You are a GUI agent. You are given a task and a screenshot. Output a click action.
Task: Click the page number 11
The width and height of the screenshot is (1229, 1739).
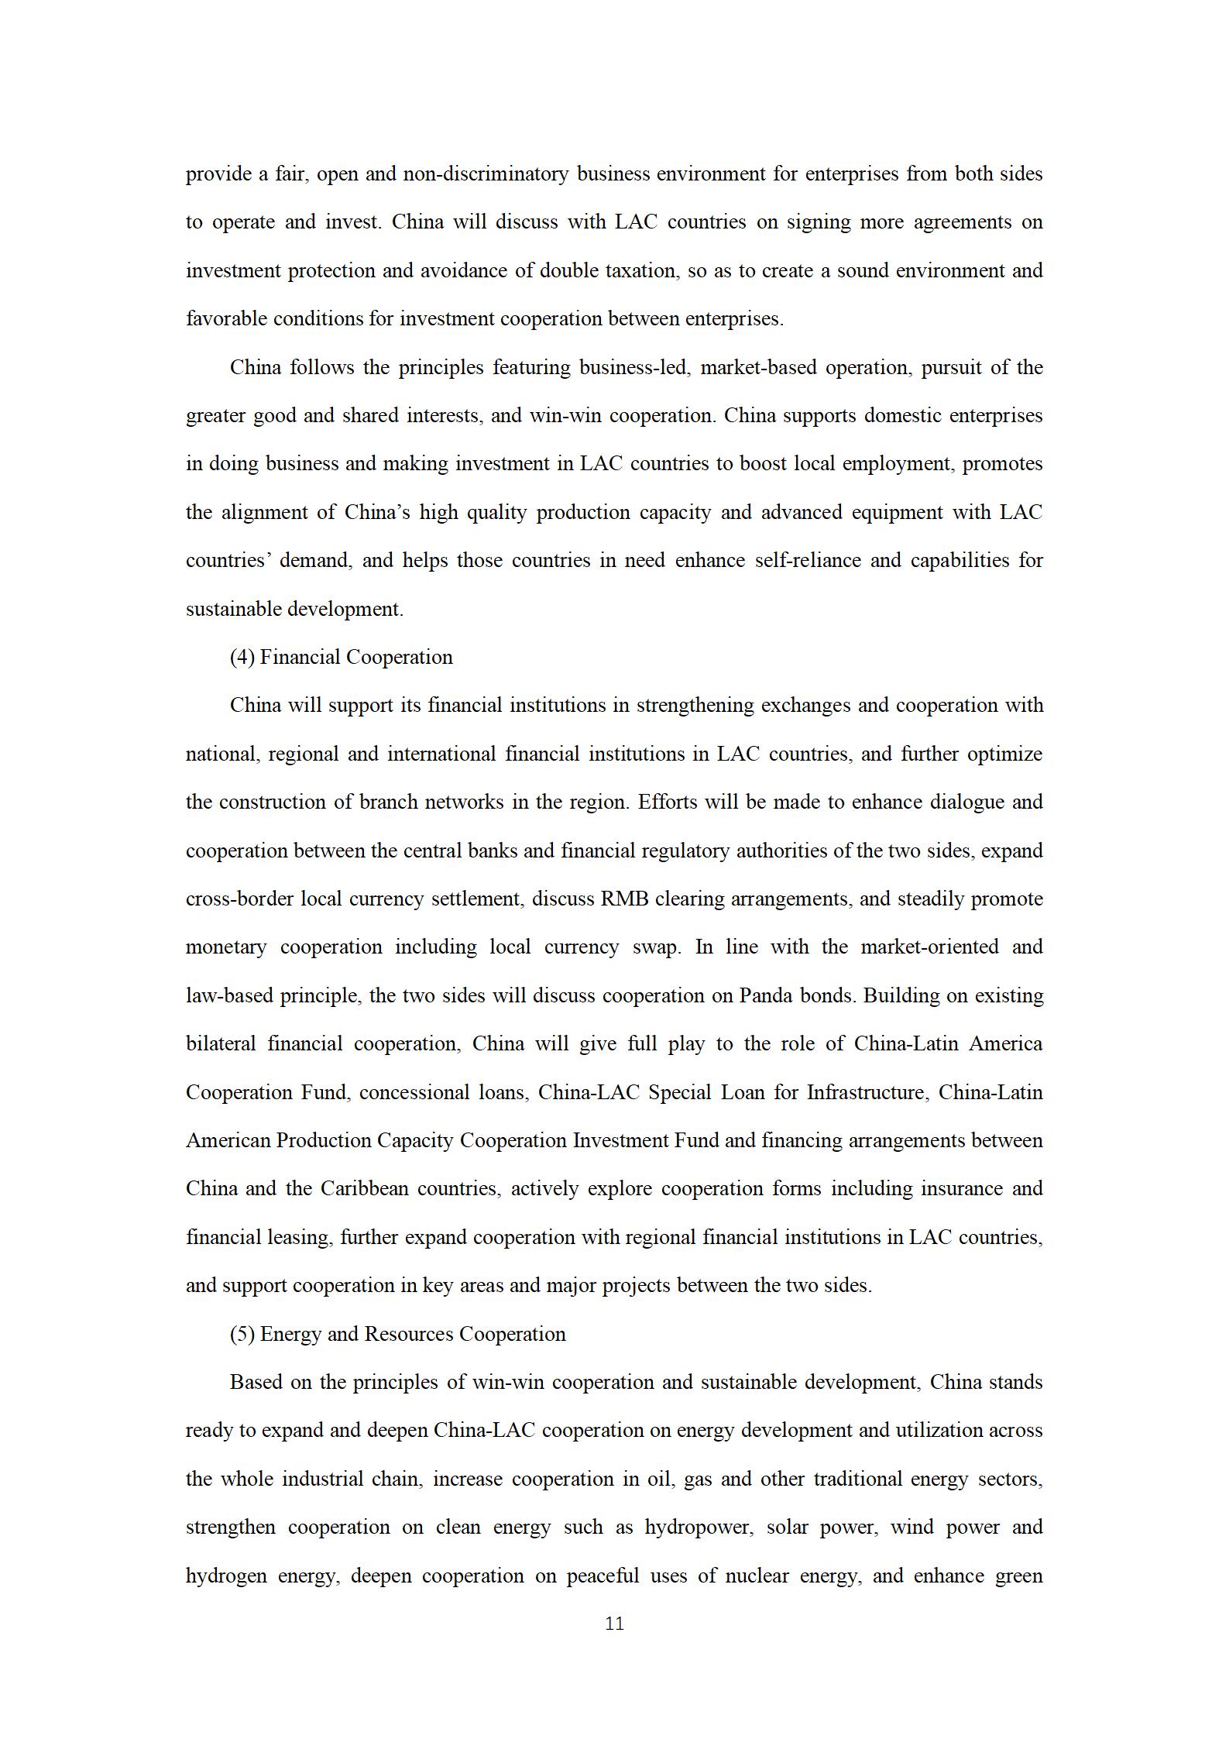[x=614, y=1624]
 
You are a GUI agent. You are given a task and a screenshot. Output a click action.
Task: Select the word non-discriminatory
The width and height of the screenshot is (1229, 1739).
[x=485, y=174]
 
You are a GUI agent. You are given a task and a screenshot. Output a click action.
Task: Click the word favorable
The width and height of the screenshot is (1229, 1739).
[x=222, y=318]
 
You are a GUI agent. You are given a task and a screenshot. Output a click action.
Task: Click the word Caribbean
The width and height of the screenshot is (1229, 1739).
[x=364, y=1188]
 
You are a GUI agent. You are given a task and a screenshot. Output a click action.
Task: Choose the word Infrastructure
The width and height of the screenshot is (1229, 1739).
[x=865, y=1092]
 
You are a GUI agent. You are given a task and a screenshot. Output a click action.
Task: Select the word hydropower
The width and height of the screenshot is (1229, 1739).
[x=698, y=1527]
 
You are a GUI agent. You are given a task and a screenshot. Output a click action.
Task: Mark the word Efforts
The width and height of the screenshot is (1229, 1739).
[x=667, y=802]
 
